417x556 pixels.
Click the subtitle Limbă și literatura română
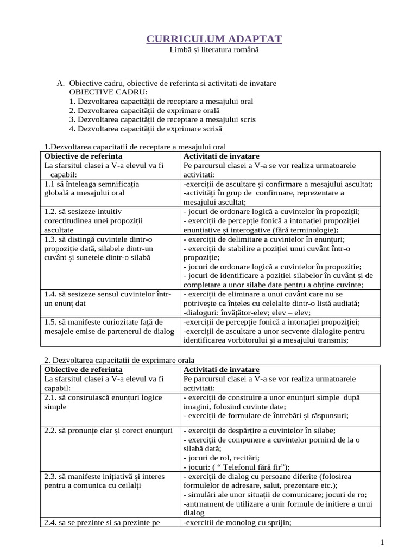point(214,50)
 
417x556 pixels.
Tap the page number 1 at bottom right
point(382,542)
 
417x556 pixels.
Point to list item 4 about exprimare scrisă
point(146,129)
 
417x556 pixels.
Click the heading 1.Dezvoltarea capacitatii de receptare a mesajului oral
point(134,147)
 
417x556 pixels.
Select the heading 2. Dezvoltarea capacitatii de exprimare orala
point(118,360)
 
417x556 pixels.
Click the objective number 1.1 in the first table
point(49,184)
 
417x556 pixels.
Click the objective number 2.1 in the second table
point(50,397)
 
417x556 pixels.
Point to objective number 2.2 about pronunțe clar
point(50,431)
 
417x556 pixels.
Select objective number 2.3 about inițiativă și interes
point(50,476)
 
